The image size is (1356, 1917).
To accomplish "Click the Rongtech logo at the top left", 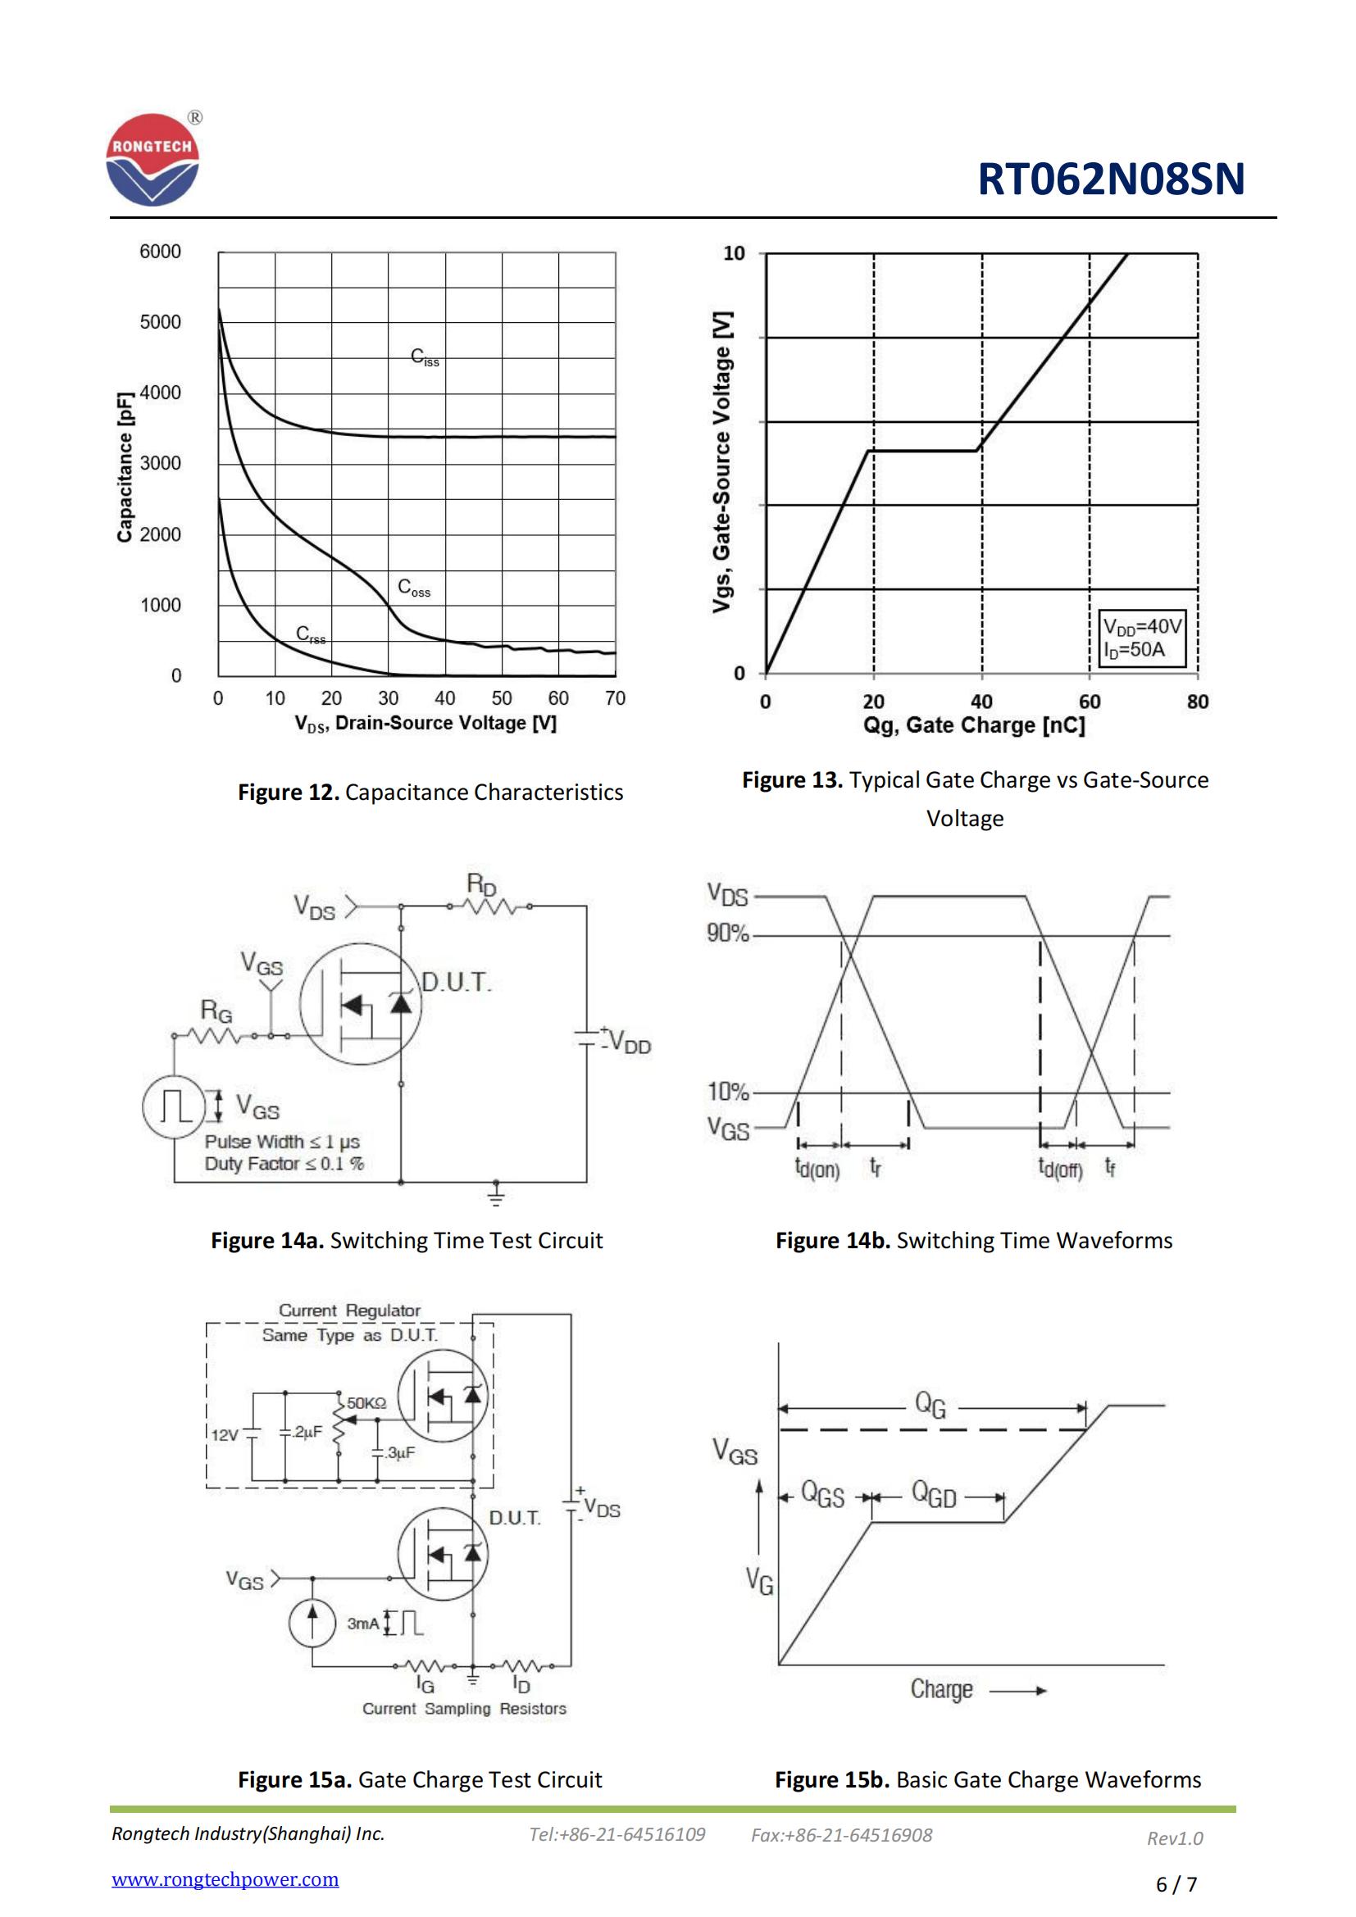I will (152, 160).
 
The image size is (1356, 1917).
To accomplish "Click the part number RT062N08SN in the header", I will (1111, 179).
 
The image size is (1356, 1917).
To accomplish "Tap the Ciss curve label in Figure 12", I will (424, 357).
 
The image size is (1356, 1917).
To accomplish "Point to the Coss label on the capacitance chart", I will (414, 588).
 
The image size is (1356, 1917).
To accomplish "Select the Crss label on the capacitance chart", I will (311, 634).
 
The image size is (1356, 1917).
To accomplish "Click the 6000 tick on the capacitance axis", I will (160, 252).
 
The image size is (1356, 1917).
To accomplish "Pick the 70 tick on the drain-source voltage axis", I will (615, 698).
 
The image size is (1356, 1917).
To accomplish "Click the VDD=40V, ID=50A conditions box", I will (1141, 638).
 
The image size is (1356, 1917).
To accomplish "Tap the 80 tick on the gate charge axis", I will (1197, 702).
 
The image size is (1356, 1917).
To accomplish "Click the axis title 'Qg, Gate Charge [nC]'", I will (974, 725).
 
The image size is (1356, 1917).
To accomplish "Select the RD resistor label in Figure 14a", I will (482, 884).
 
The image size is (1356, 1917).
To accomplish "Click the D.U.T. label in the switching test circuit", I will (456, 982).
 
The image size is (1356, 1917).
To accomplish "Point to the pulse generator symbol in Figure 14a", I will (174, 1107).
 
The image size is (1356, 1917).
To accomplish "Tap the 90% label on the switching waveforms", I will (727, 934).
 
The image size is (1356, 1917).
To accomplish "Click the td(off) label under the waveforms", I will (1059, 1167).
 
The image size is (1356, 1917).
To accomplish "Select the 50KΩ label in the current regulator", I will (366, 1403).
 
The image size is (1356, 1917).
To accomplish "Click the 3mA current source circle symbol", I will (312, 1623).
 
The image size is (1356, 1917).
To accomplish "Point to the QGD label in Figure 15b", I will (934, 1494).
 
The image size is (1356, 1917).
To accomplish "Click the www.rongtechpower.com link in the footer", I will (225, 1878).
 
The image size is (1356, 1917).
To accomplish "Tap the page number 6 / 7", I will (1176, 1883).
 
